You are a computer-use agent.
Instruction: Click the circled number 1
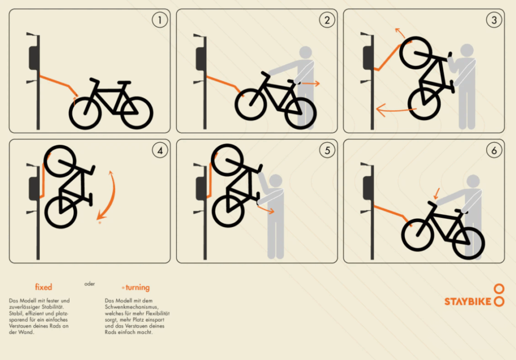[160, 20]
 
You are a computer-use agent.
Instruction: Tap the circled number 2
[327, 20]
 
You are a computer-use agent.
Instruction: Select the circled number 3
[494, 20]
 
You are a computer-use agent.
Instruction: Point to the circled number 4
[160, 151]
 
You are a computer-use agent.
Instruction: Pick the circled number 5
[327, 151]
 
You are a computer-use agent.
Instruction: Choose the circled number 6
[494, 151]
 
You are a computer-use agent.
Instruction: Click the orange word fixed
[43, 287]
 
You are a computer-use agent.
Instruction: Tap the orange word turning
[137, 287]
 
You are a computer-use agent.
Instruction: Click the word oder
[90, 283]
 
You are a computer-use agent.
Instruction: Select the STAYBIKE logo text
[468, 302]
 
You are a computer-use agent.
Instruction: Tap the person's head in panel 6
[473, 182]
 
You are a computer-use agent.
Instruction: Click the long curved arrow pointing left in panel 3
[395, 110]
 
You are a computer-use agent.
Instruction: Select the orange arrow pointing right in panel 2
[310, 84]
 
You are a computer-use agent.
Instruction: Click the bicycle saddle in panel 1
[124, 82]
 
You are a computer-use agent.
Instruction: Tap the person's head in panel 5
[276, 181]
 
